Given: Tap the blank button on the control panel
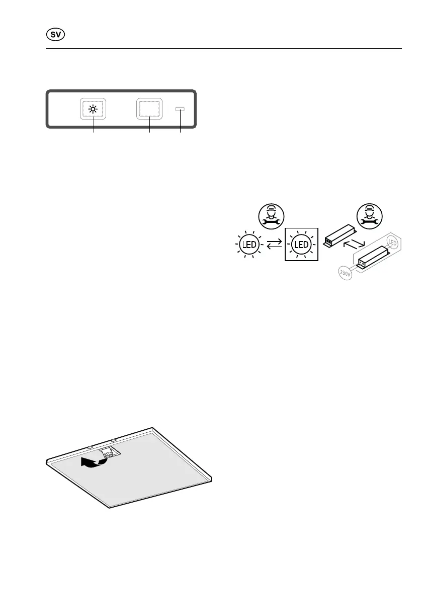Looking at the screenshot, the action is click(149, 108).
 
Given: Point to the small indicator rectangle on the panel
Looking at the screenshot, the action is click(180, 108).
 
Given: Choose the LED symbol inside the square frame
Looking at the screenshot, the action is click(301, 245).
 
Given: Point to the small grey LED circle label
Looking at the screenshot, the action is click(392, 244).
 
